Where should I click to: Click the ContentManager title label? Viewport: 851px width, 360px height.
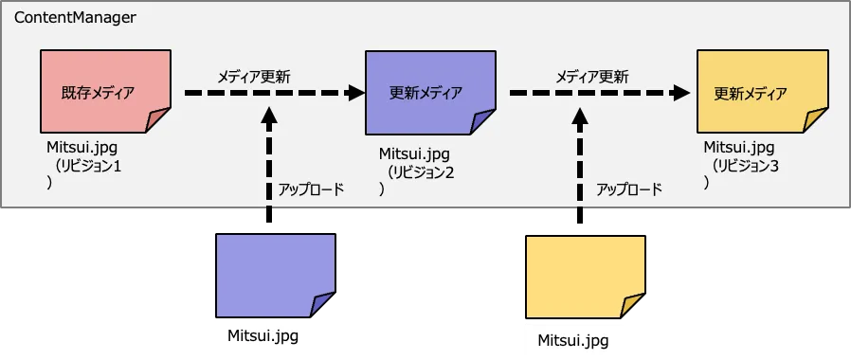click(76, 18)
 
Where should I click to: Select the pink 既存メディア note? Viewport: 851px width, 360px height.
click(106, 91)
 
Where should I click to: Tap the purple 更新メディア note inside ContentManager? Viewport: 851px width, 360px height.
click(430, 93)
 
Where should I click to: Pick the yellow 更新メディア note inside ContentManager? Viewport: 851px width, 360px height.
click(763, 92)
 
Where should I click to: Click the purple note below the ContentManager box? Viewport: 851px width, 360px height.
click(276, 276)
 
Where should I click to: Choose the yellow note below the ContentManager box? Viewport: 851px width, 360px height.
click(586, 277)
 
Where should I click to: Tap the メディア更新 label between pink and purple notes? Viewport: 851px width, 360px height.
click(254, 77)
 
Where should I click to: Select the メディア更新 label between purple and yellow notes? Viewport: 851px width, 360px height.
click(592, 77)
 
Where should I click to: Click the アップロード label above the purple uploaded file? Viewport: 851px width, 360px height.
click(311, 189)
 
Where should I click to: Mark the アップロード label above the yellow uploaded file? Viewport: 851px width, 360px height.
click(629, 189)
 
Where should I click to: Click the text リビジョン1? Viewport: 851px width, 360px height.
click(88, 167)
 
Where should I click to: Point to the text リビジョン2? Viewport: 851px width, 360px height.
click(421, 172)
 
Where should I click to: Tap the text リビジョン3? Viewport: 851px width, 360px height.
click(746, 166)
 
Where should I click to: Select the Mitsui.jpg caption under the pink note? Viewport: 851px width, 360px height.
click(81, 148)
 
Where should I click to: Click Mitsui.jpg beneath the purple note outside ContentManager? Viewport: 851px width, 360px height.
click(263, 335)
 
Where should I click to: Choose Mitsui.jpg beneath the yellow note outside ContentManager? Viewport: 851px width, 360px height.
click(573, 340)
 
